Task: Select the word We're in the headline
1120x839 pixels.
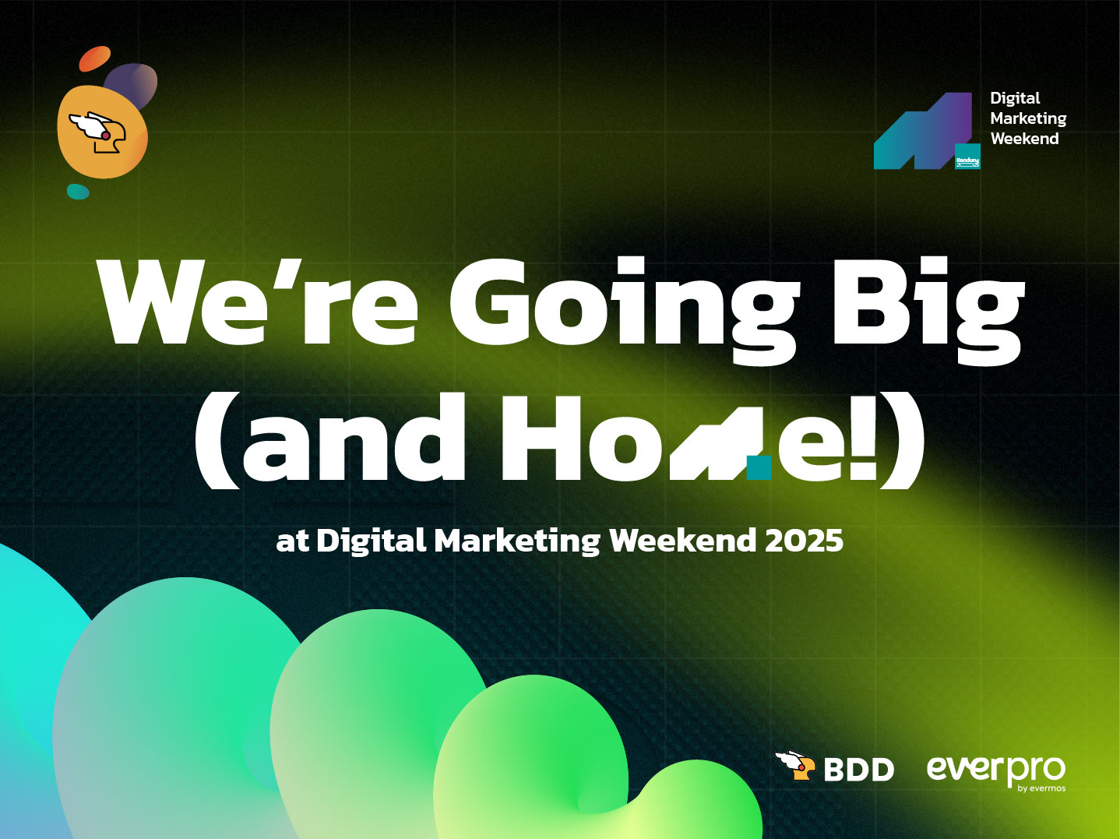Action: (x=258, y=302)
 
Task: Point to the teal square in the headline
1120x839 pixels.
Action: (x=759, y=468)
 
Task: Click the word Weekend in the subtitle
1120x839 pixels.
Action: (x=683, y=541)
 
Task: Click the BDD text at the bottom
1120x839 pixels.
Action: (x=859, y=770)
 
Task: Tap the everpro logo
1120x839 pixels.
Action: (x=996, y=772)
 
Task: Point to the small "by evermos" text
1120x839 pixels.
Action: (x=1041, y=788)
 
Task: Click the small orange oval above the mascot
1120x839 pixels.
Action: (x=95, y=58)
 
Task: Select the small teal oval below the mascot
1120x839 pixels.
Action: (x=78, y=192)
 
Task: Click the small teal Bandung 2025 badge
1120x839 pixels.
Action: (x=967, y=156)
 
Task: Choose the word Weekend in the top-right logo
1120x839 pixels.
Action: (x=1024, y=139)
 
